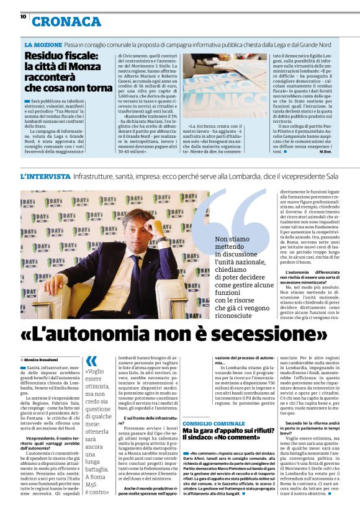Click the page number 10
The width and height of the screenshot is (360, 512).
pos(23,17)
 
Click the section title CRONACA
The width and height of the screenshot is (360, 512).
pos(66,22)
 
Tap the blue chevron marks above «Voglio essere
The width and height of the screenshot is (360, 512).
pos(92,361)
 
